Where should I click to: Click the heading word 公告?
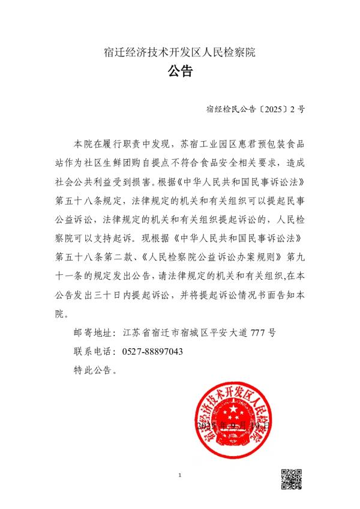(179, 73)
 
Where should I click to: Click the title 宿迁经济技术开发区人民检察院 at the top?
(179, 52)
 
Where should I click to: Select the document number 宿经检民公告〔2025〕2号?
(255, 109)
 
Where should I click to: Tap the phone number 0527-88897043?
(152, 351)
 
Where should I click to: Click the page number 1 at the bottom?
(179, 476)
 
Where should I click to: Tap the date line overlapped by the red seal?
(233, 426)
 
